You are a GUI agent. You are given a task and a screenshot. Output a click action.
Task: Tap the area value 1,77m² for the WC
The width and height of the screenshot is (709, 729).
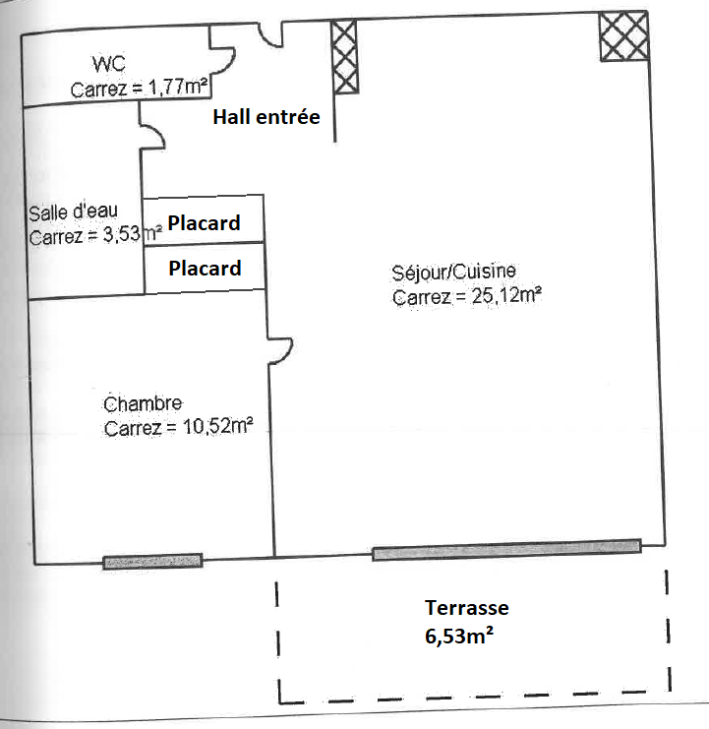point(178,89)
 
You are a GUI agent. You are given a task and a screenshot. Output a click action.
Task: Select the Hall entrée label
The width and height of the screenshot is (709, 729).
point(266,118)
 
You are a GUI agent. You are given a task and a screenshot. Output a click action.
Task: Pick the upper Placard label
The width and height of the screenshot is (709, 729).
point(204,223)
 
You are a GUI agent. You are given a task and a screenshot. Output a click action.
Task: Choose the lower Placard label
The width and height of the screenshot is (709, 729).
point(205,268)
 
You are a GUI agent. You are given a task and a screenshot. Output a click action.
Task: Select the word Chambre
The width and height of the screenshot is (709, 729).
point(143,403)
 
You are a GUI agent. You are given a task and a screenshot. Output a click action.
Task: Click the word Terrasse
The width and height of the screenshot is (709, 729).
point(466,608)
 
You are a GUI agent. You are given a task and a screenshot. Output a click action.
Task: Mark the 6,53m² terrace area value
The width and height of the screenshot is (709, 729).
point(458,635)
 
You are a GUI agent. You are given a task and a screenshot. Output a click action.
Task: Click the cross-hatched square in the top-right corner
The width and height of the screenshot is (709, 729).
point(623,37)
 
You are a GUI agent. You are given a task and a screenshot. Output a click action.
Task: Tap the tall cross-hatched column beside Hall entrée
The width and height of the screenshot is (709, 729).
point(344,58)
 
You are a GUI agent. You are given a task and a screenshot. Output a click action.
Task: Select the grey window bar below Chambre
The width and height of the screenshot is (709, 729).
point(152,561)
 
